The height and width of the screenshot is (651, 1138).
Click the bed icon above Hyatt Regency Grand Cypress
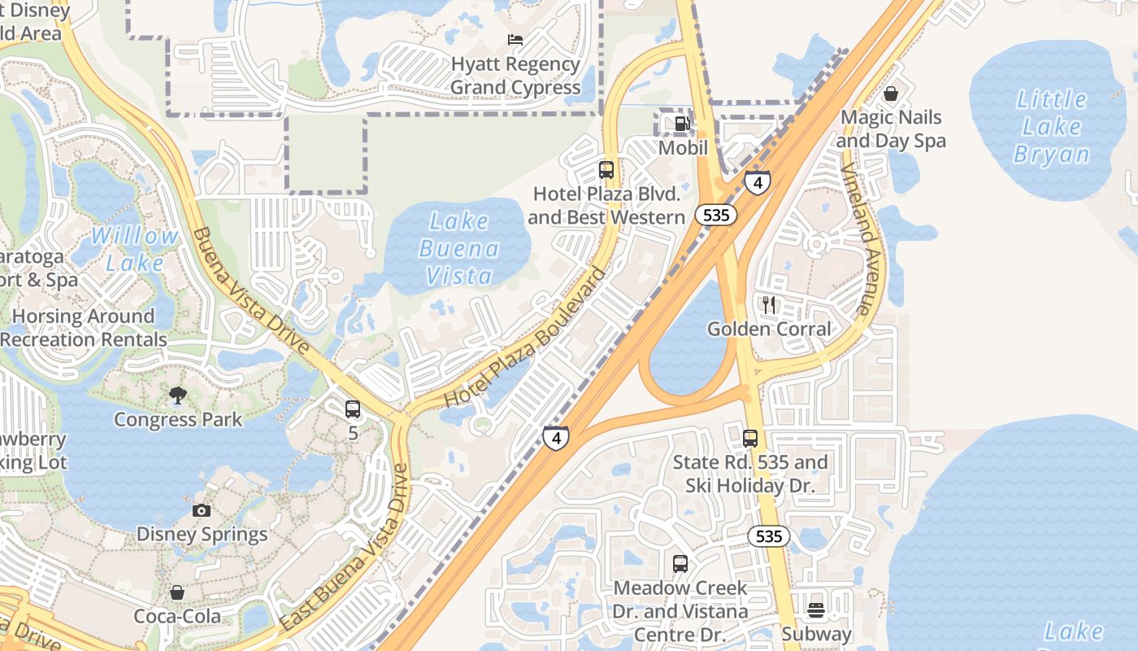tap(515, 39)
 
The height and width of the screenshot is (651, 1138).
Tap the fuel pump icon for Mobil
tap(682, 124)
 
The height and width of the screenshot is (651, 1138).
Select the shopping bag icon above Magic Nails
tap(891, 94)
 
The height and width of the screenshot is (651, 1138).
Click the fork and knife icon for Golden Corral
tap(768, 305)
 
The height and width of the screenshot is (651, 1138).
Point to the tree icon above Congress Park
tap(177, 395)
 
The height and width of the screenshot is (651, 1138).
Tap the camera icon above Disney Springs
tap(202, 510)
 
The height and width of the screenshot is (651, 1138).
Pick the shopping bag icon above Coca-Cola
tap(177, 592)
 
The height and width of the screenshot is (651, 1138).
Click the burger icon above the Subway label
tap(816, 609)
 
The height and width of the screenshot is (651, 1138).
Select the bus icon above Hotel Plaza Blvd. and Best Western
tap(606, 170)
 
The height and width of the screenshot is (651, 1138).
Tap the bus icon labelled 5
tap(353, 409)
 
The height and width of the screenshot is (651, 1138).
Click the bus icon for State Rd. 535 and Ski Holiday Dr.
tap(749, 439)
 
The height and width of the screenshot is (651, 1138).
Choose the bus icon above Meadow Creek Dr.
tap(680, 563)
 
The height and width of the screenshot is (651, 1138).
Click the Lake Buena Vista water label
tap(459, 248)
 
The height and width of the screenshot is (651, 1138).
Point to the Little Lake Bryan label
tap(1051, 126)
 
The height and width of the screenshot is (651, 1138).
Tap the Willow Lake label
tap(135, 249)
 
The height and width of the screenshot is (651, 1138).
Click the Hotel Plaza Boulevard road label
tap(526, 338)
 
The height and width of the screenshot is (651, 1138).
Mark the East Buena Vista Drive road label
tap(345, 548)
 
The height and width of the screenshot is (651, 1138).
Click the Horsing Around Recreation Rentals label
tap(83, 328)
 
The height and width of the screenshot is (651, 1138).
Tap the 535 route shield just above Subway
tap(768, 535)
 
